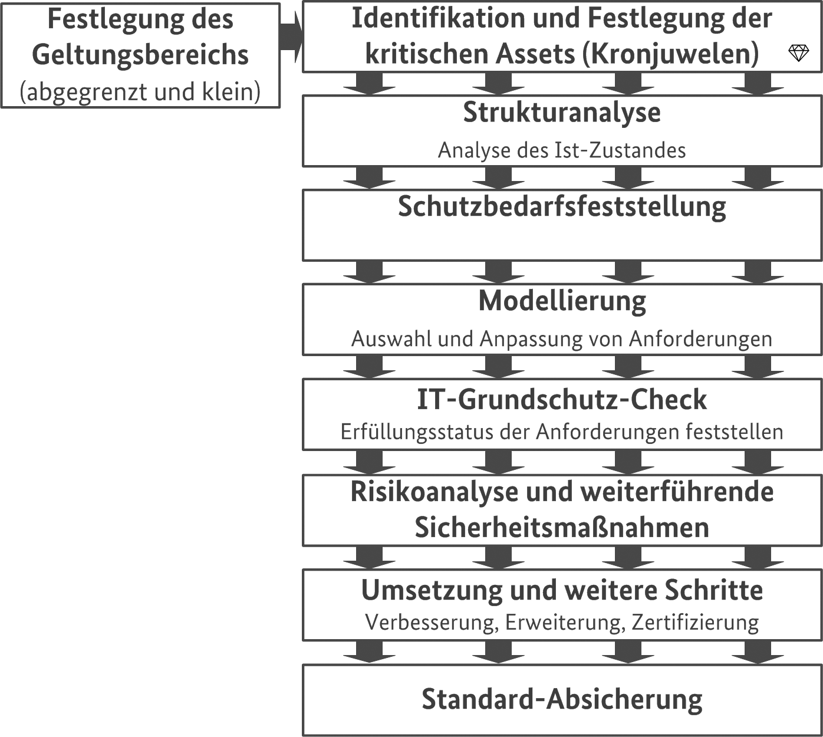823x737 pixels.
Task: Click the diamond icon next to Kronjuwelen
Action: [x=798, y=53]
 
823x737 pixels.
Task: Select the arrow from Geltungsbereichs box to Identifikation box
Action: [x=291, y=37]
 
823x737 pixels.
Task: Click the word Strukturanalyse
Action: [x=562, y=113]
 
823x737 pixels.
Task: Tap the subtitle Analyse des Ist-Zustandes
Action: [x=562, y=150]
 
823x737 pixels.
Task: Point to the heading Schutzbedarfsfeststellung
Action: [x=562, y=207]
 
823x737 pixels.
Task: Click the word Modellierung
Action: [x=562, y=301]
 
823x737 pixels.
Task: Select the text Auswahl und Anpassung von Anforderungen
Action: [x=562, y=339]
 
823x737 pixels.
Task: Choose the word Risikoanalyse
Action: [x=434, y=492]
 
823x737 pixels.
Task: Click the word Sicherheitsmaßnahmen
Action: [x=562, y=527]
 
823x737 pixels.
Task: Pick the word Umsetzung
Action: [x=432, y=590]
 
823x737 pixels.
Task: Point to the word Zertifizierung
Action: [x=696, y=622]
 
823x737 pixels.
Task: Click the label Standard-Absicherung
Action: [x=562, y=699]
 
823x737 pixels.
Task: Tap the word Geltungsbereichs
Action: [x=140, y=55]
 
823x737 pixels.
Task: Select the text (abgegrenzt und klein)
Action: [x=140, y=92]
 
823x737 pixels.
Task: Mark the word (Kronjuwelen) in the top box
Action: [x=670, y=54]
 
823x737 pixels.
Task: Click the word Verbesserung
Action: [x=432, y=623]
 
